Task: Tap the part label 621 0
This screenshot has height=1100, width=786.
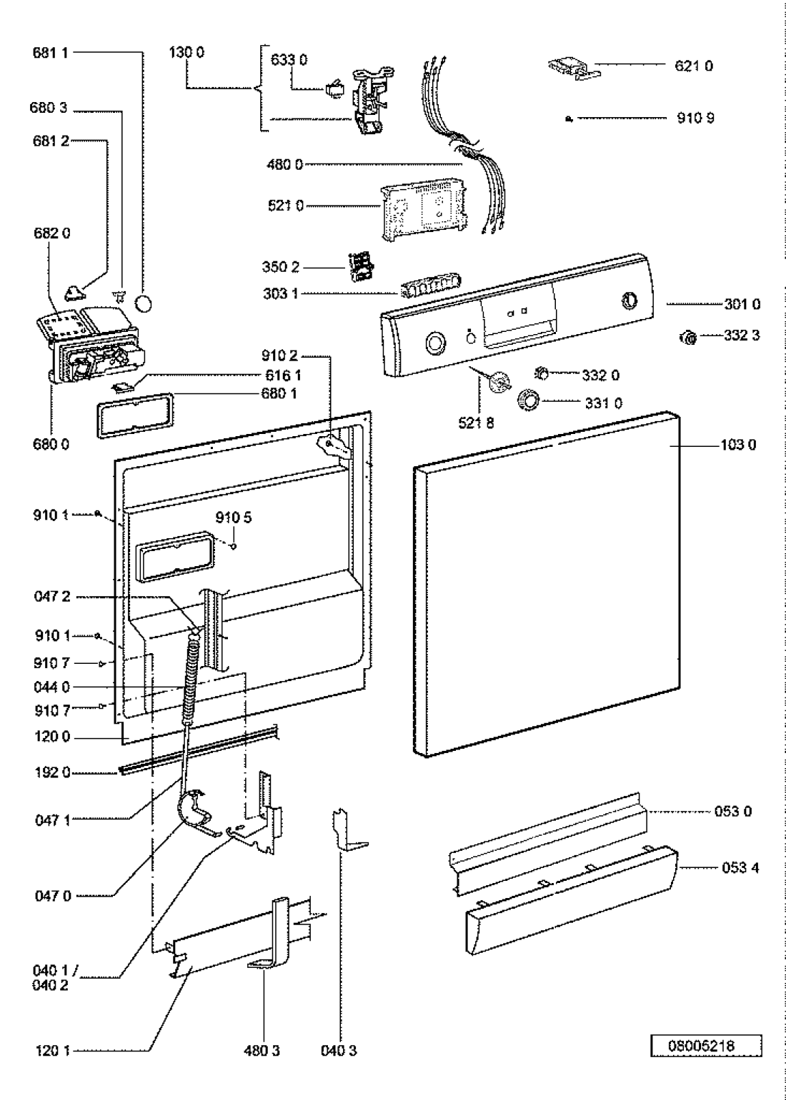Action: tap(694, 66)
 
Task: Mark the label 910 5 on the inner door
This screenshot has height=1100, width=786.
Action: tap(234, 518)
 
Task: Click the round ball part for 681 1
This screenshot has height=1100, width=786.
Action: tap(144, 304)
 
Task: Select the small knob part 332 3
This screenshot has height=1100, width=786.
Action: tap(688, 338)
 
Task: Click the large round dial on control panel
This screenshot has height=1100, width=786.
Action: tap(434, 344)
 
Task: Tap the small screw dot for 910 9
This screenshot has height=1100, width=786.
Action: tap(569, 119)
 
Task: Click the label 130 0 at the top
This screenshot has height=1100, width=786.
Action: tap(187, 53)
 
